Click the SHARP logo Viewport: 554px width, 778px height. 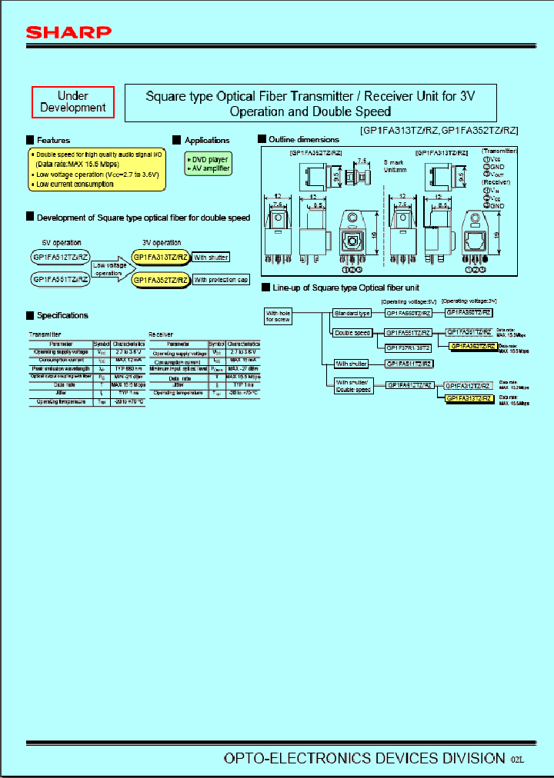pos(69,32)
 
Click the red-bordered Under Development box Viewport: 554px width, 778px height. pos(73,102)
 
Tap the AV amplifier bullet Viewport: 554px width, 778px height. pos(209,168)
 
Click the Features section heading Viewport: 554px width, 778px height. pos(52,140)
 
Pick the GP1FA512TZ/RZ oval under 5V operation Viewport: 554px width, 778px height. pos(61,258)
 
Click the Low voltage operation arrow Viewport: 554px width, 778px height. pos(109,269)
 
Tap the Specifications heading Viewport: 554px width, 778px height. pos(62,315)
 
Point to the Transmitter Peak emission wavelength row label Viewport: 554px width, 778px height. pos(60,368)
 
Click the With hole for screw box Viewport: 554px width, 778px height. pos(278,317)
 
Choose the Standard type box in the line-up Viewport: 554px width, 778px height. pos(352,313)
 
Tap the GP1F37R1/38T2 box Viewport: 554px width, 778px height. pos(408,347)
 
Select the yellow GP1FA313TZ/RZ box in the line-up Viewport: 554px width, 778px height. pos(471,398)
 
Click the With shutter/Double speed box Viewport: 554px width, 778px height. pos(354,386)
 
